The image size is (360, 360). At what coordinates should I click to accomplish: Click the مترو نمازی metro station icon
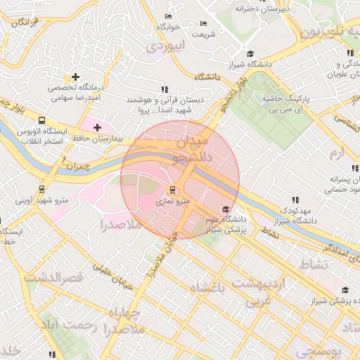coord(173,190)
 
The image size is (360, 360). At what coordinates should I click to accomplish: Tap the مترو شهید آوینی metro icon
coord(44,188)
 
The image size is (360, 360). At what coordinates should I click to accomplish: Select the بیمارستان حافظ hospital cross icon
coord(97,127)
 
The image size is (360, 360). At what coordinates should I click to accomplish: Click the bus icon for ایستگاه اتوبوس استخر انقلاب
coord(41,120)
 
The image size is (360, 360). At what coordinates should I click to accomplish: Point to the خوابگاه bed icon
coord(168,16)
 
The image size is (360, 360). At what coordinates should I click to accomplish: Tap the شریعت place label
coord(205,34)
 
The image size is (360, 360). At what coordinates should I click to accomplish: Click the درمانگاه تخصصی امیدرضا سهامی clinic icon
coord(75,76)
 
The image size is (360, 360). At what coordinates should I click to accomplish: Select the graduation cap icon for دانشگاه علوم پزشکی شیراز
coord(225,209)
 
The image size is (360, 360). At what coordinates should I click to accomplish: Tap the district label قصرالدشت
coord(53,277)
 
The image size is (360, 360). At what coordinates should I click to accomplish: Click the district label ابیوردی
coord(167,46)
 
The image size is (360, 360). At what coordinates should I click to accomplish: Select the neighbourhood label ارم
coord(339,152)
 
